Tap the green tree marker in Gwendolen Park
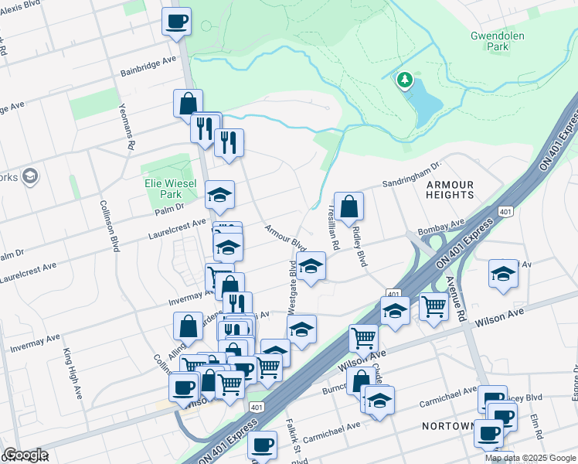403,80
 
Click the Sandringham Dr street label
411,175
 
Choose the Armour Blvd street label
280,237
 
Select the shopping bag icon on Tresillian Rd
348,206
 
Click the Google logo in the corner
25,454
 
